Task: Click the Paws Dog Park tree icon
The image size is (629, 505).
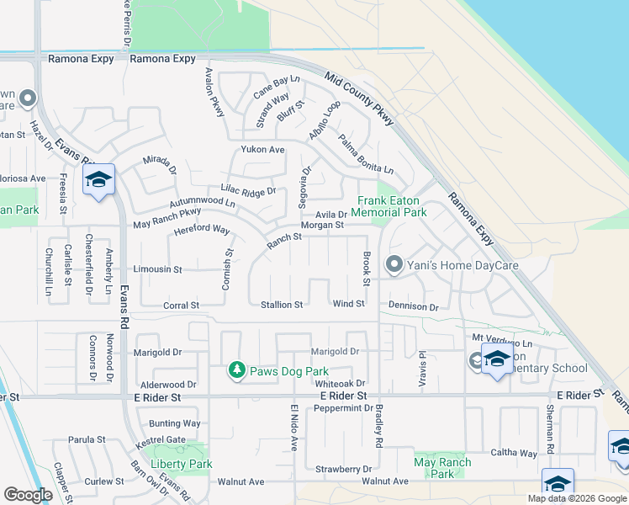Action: [x=238, y=369]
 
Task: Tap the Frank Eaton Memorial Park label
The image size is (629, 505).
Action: [x=392, y=206]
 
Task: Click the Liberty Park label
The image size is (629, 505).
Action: [x=181, y=464]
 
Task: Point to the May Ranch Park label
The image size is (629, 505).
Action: [x=442, y=468]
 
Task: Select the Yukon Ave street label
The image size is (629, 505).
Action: [x=263, y=150]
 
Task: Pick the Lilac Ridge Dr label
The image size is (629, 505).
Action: [x=248, y=192]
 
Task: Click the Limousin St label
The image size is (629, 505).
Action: [x=158, y=269]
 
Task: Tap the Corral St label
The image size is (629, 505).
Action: [x=181, y=306]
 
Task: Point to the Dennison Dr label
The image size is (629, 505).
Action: [x=414, y=307]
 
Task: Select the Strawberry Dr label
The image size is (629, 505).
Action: [x=343, y=469]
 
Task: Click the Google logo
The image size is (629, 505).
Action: [x=28, y=494]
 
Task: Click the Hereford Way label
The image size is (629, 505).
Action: [x=202, y=229]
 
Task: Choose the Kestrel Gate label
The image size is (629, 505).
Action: [x=164, y=439]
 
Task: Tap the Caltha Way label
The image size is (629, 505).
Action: [x=517, y=453]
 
